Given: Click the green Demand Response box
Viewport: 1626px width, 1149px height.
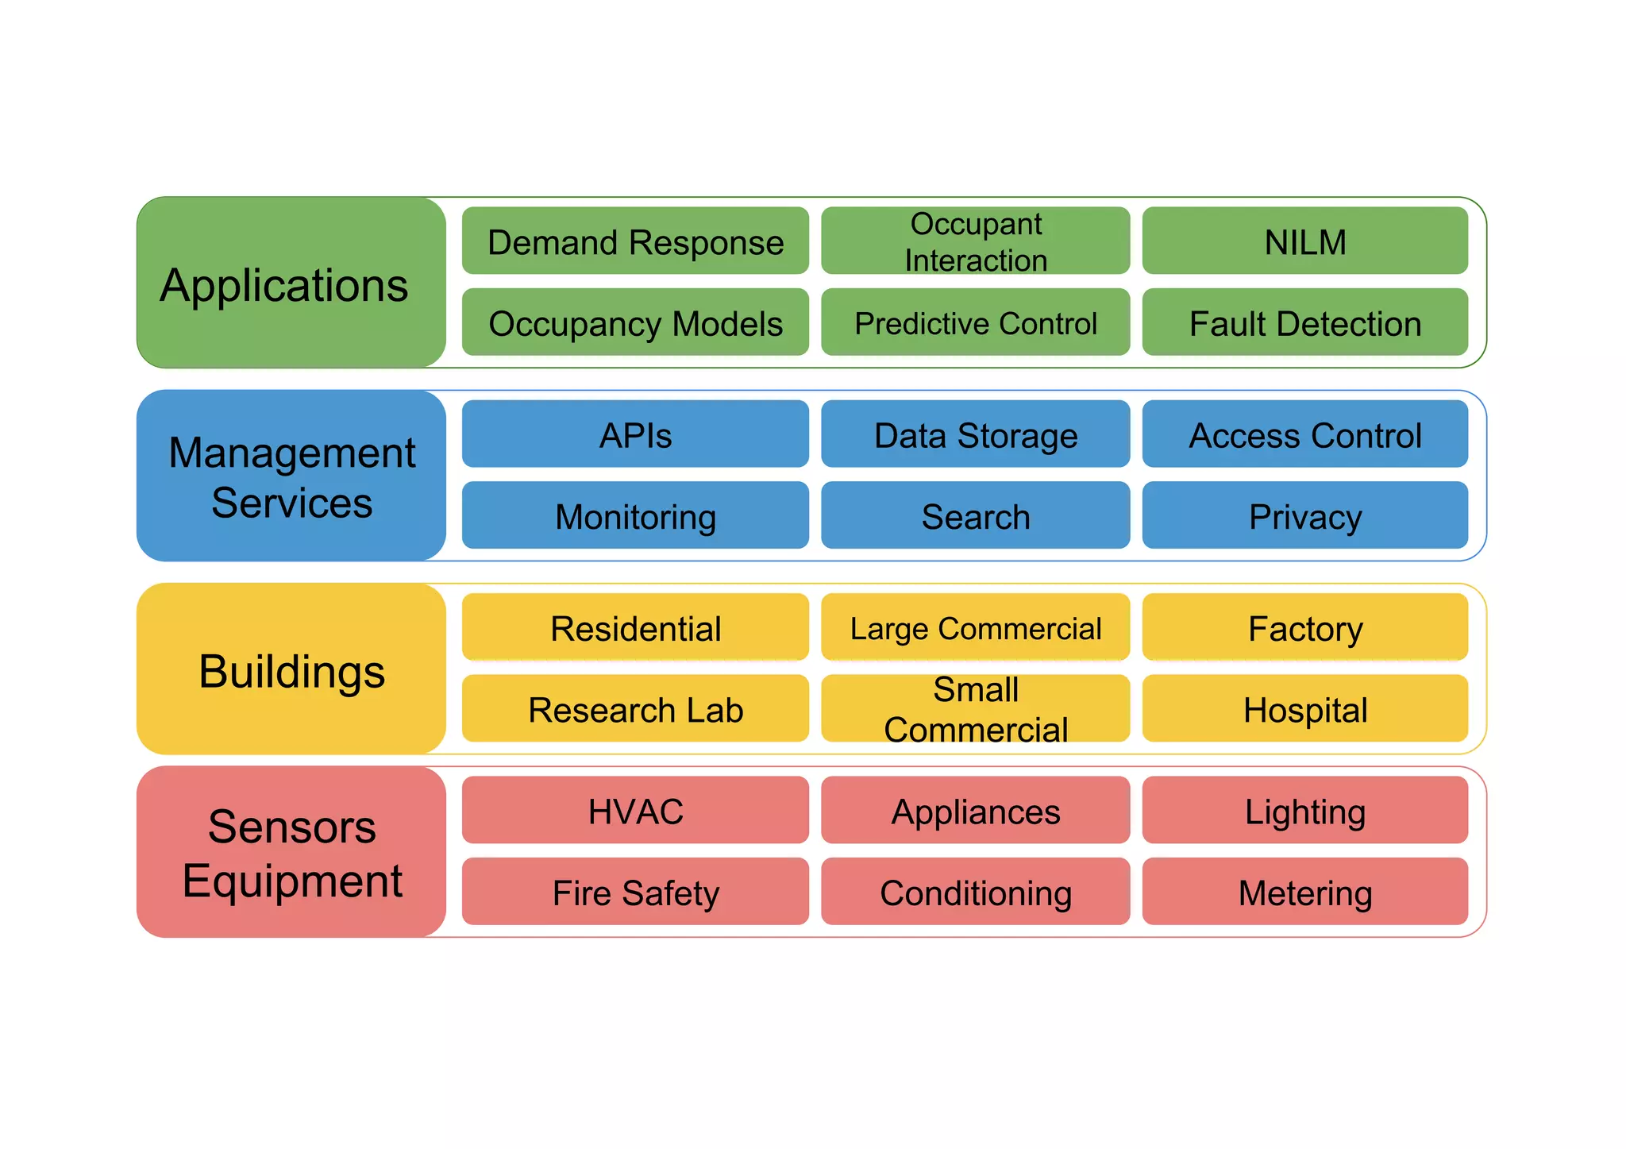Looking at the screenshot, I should point(635,241).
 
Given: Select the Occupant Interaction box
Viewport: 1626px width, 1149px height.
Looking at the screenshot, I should point(975,241).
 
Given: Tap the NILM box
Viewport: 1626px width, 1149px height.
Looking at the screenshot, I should point(1304,241).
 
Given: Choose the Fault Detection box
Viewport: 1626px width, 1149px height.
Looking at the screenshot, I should point(1304,323).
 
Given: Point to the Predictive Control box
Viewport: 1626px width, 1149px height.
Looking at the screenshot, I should point(975,323).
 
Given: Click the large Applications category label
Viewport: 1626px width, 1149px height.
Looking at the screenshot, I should point(284,284).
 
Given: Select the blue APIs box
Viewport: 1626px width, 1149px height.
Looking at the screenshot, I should point(635,434).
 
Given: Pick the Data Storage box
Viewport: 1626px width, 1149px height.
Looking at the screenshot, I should point(975,434).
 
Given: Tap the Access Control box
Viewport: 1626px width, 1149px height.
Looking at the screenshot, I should point(1304,434).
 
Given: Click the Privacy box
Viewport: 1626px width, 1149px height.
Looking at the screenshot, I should point(1304,516).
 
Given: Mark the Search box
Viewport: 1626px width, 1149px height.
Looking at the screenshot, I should point(975,516).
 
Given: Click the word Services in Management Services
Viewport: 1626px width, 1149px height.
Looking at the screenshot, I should point(291,503).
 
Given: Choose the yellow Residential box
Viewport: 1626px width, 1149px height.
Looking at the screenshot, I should point(635,627).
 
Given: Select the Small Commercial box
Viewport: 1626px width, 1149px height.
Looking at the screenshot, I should point(975,709).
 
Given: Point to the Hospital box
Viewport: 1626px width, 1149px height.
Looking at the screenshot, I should point(1304,709).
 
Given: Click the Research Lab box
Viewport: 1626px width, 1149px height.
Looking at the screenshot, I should point(635,709).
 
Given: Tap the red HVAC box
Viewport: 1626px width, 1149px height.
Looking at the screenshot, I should point(635,811).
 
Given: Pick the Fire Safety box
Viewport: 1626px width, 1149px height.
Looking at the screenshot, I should point(635,892).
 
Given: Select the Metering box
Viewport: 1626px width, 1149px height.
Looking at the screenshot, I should point(1304,892).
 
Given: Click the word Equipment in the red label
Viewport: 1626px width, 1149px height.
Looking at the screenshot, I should point(291,881).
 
